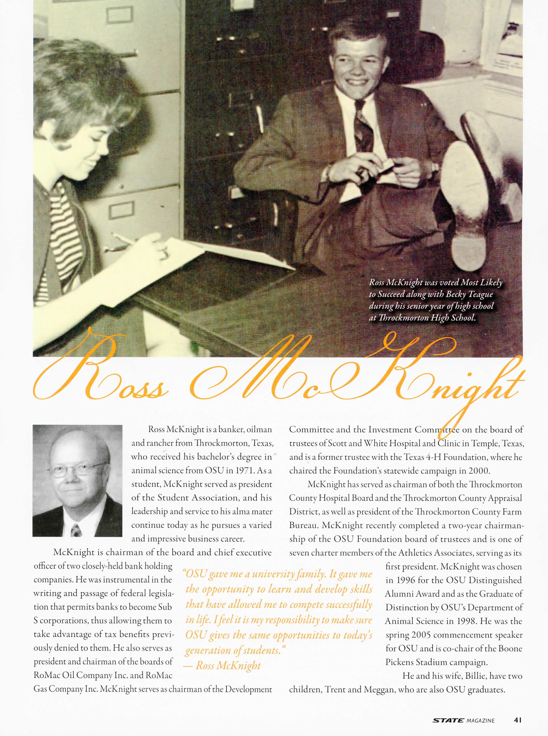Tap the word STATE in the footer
click(448, 720)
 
